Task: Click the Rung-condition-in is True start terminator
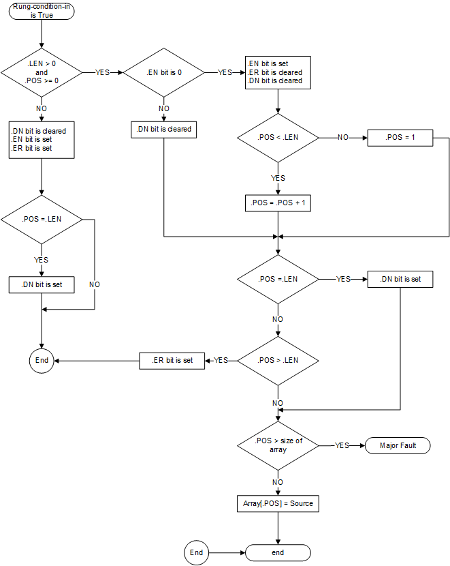pyautogui.click(x=42, y=12)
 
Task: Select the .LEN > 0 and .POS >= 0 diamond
pyautogui.click(x=42, y=72)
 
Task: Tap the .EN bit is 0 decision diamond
pyautogui.click(x=163, y=72)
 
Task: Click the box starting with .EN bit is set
pyautogui.click(x=278, y=72)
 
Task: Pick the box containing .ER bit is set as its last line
pyautogui.click(x=42, y=139)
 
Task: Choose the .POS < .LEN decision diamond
pyautogui.click(x=278, y=137)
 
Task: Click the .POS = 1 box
pyautogui.click(x=400, y=137)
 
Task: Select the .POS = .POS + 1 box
pyautogui.click(x=278, y=203)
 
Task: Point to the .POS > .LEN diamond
pyautogui.click(x=278, y=360)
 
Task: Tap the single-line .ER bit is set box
pyautogui.click(x=172, y=360)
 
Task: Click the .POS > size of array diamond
pyautogui.click(x=278, y=445)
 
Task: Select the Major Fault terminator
pyautogui.click(x=398, y=445)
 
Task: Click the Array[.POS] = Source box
pyautogui.click(x=278, y=504)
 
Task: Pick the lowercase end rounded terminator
pyautogui.click(x=278, y=552)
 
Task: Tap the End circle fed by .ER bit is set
pyautogui.click(x=42, y=360)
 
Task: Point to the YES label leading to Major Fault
pyautogui.click(x=342, y=445)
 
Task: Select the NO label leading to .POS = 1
pyautogui.click(x=342, y=137)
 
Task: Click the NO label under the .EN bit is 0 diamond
pyautogui.click(x=163, y=108)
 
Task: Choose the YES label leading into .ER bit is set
pyautogui.click(x=221, y=360)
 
